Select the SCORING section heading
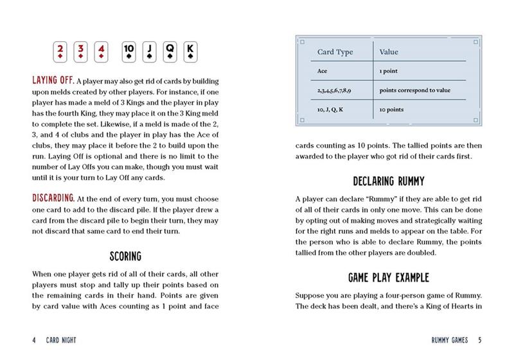[x=125, y=256]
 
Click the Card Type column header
[x=335, y=51]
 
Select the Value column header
[x=390, y=51]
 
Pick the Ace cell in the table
[x=323, y=71]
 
